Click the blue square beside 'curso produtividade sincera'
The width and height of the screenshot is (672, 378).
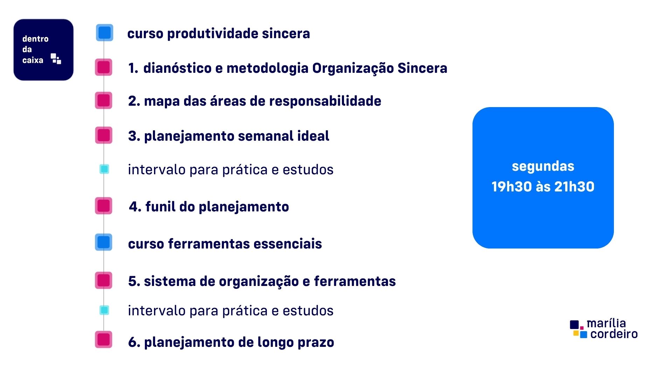[x=105, y=33]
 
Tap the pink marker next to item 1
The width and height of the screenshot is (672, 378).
[x=104, y=67]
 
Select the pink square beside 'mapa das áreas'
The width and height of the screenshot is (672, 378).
[x=104, y=100]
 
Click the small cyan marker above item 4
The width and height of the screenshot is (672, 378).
[x=104, y=169]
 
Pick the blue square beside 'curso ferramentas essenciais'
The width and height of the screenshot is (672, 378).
[x=104, y=242]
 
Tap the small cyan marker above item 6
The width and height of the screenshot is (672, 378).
[x=104, y=310]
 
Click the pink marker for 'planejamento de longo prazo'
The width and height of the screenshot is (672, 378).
[x=104, y=339]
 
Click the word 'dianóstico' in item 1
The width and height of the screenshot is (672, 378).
[x=177, y=68]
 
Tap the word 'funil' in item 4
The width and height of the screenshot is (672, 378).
[x=160, y=206]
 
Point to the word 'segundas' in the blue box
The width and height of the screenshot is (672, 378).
[x=543, y=166]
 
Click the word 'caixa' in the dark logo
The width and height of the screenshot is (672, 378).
[x=33, y=60]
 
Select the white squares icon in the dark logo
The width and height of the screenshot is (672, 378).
[x=56, y=58]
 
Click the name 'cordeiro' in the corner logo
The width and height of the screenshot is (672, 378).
[x=614, y=334]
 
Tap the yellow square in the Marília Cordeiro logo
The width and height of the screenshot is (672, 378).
[x=576, y=333]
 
